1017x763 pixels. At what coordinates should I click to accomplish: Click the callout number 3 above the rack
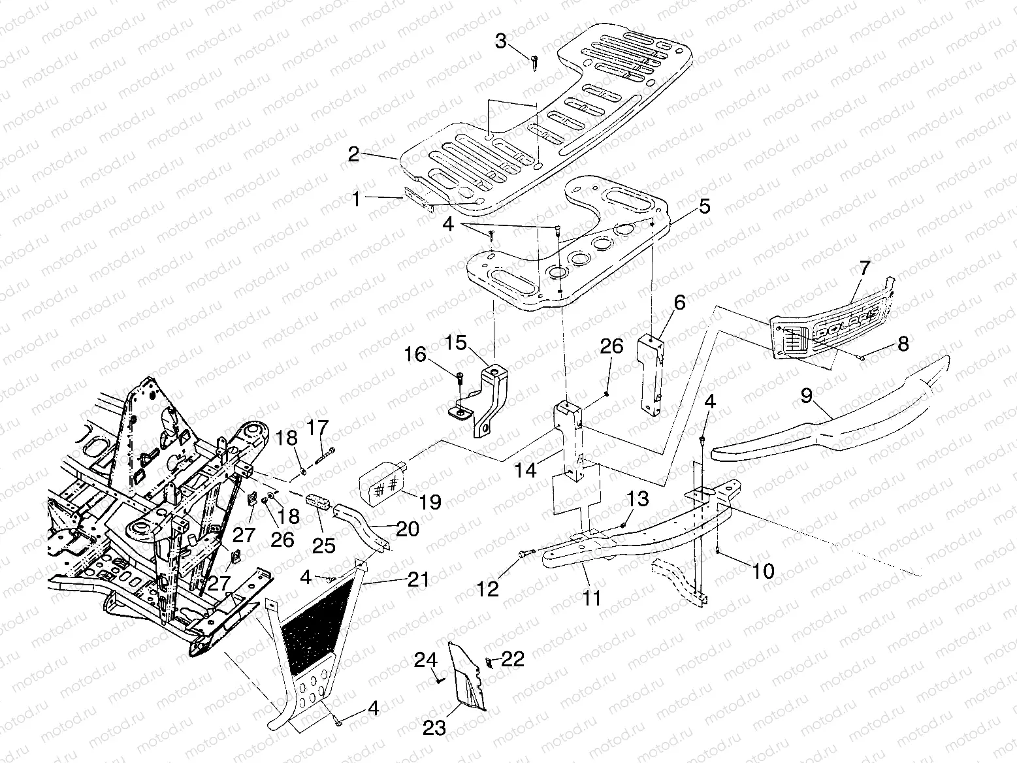500,42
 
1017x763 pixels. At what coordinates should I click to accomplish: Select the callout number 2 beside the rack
353,155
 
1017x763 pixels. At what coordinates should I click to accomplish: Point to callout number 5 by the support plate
704,207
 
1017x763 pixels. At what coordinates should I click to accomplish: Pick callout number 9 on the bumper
807,395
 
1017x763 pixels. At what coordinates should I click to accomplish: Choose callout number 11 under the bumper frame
592,598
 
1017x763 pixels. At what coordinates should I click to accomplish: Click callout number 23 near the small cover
435,727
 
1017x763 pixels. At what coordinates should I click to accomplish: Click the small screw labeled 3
534,63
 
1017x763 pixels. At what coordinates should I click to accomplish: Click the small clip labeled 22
490,663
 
